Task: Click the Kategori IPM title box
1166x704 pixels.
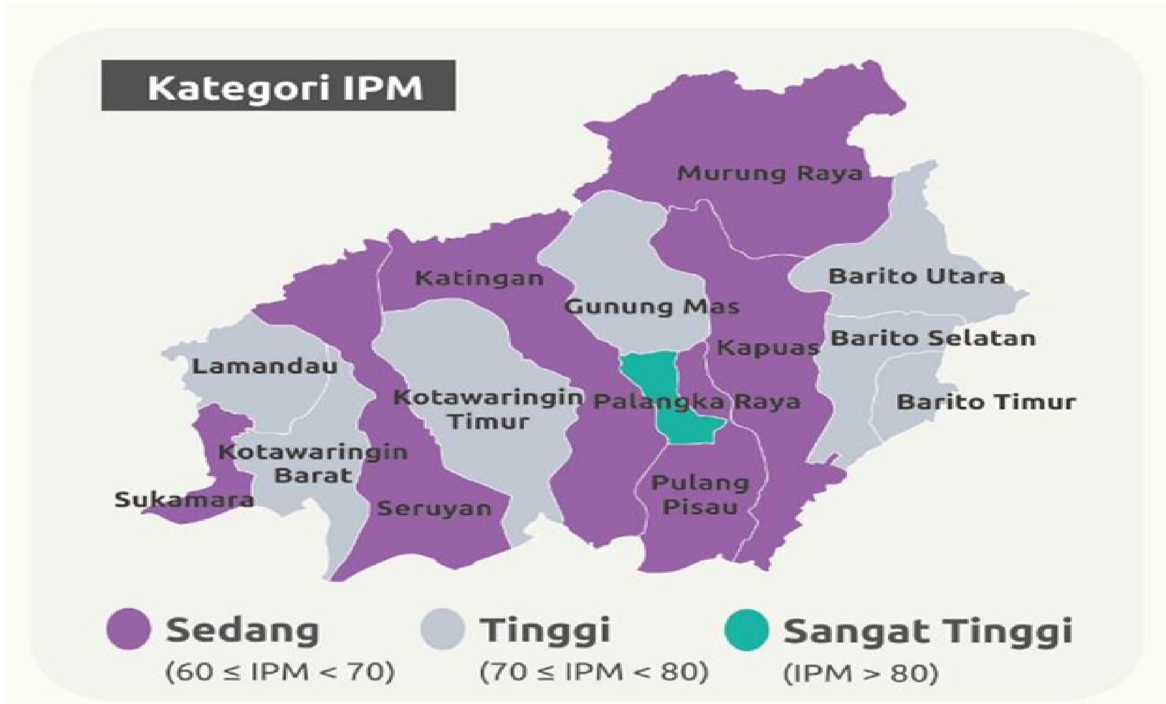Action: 278,86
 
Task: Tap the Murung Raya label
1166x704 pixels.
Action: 769,173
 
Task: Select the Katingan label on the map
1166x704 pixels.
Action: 479,279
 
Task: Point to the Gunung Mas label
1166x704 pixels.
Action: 651,307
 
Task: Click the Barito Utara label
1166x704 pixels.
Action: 917,276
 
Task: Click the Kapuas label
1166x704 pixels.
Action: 767,348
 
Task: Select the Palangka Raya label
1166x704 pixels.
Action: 697,402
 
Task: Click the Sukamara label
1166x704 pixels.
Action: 184,500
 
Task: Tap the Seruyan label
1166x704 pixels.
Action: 434,508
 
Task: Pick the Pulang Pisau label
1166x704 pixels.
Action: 700,495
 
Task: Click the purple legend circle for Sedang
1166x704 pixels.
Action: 129,629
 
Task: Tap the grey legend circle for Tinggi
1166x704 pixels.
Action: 442,629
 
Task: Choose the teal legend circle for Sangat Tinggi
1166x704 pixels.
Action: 746,629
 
